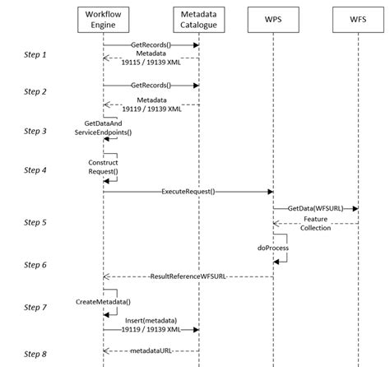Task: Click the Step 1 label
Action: pos(35,54)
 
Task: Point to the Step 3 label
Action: pos(35,131)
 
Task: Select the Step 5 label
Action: pos(35,222)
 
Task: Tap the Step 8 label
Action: pos(35,355)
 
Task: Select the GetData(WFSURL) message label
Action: pos(316,209)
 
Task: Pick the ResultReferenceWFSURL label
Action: pos(189,276)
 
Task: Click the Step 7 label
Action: pos(35,307)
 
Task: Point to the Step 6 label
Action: pos(35,264)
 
